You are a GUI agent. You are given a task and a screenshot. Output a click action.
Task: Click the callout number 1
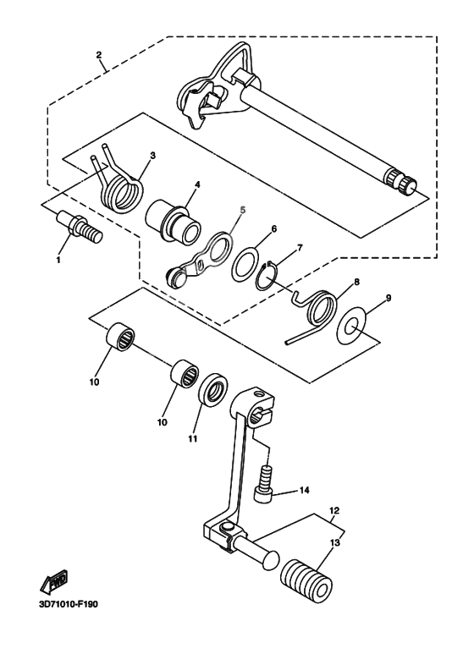tap(59, 261)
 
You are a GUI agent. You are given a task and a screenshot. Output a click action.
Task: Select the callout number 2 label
tap(99, 55)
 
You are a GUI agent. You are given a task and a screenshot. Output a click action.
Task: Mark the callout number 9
tap(388, 298)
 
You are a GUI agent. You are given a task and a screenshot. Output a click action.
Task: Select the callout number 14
tap(305, 490)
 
